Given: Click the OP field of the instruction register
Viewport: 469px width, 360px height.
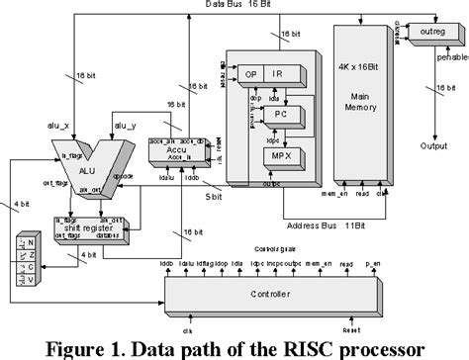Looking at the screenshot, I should click(252, 74).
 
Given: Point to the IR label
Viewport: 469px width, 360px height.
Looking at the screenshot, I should click(280, 74).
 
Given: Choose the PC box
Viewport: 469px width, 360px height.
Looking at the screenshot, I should click(280, 114).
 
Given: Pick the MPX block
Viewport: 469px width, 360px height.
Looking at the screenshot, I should click(280, 155).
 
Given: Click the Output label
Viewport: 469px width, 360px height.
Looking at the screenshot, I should click(434, 148).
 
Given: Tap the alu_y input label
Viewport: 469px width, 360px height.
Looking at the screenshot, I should click(127, 126).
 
